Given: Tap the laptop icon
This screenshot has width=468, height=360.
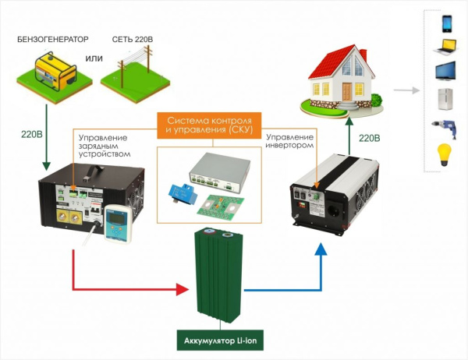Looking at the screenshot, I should tap(446, 48).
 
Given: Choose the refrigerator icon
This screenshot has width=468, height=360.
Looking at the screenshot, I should tap(445, 100).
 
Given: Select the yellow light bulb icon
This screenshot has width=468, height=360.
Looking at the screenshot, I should tap(445, 151).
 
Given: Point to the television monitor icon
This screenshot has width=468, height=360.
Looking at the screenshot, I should tap(446, 73).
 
